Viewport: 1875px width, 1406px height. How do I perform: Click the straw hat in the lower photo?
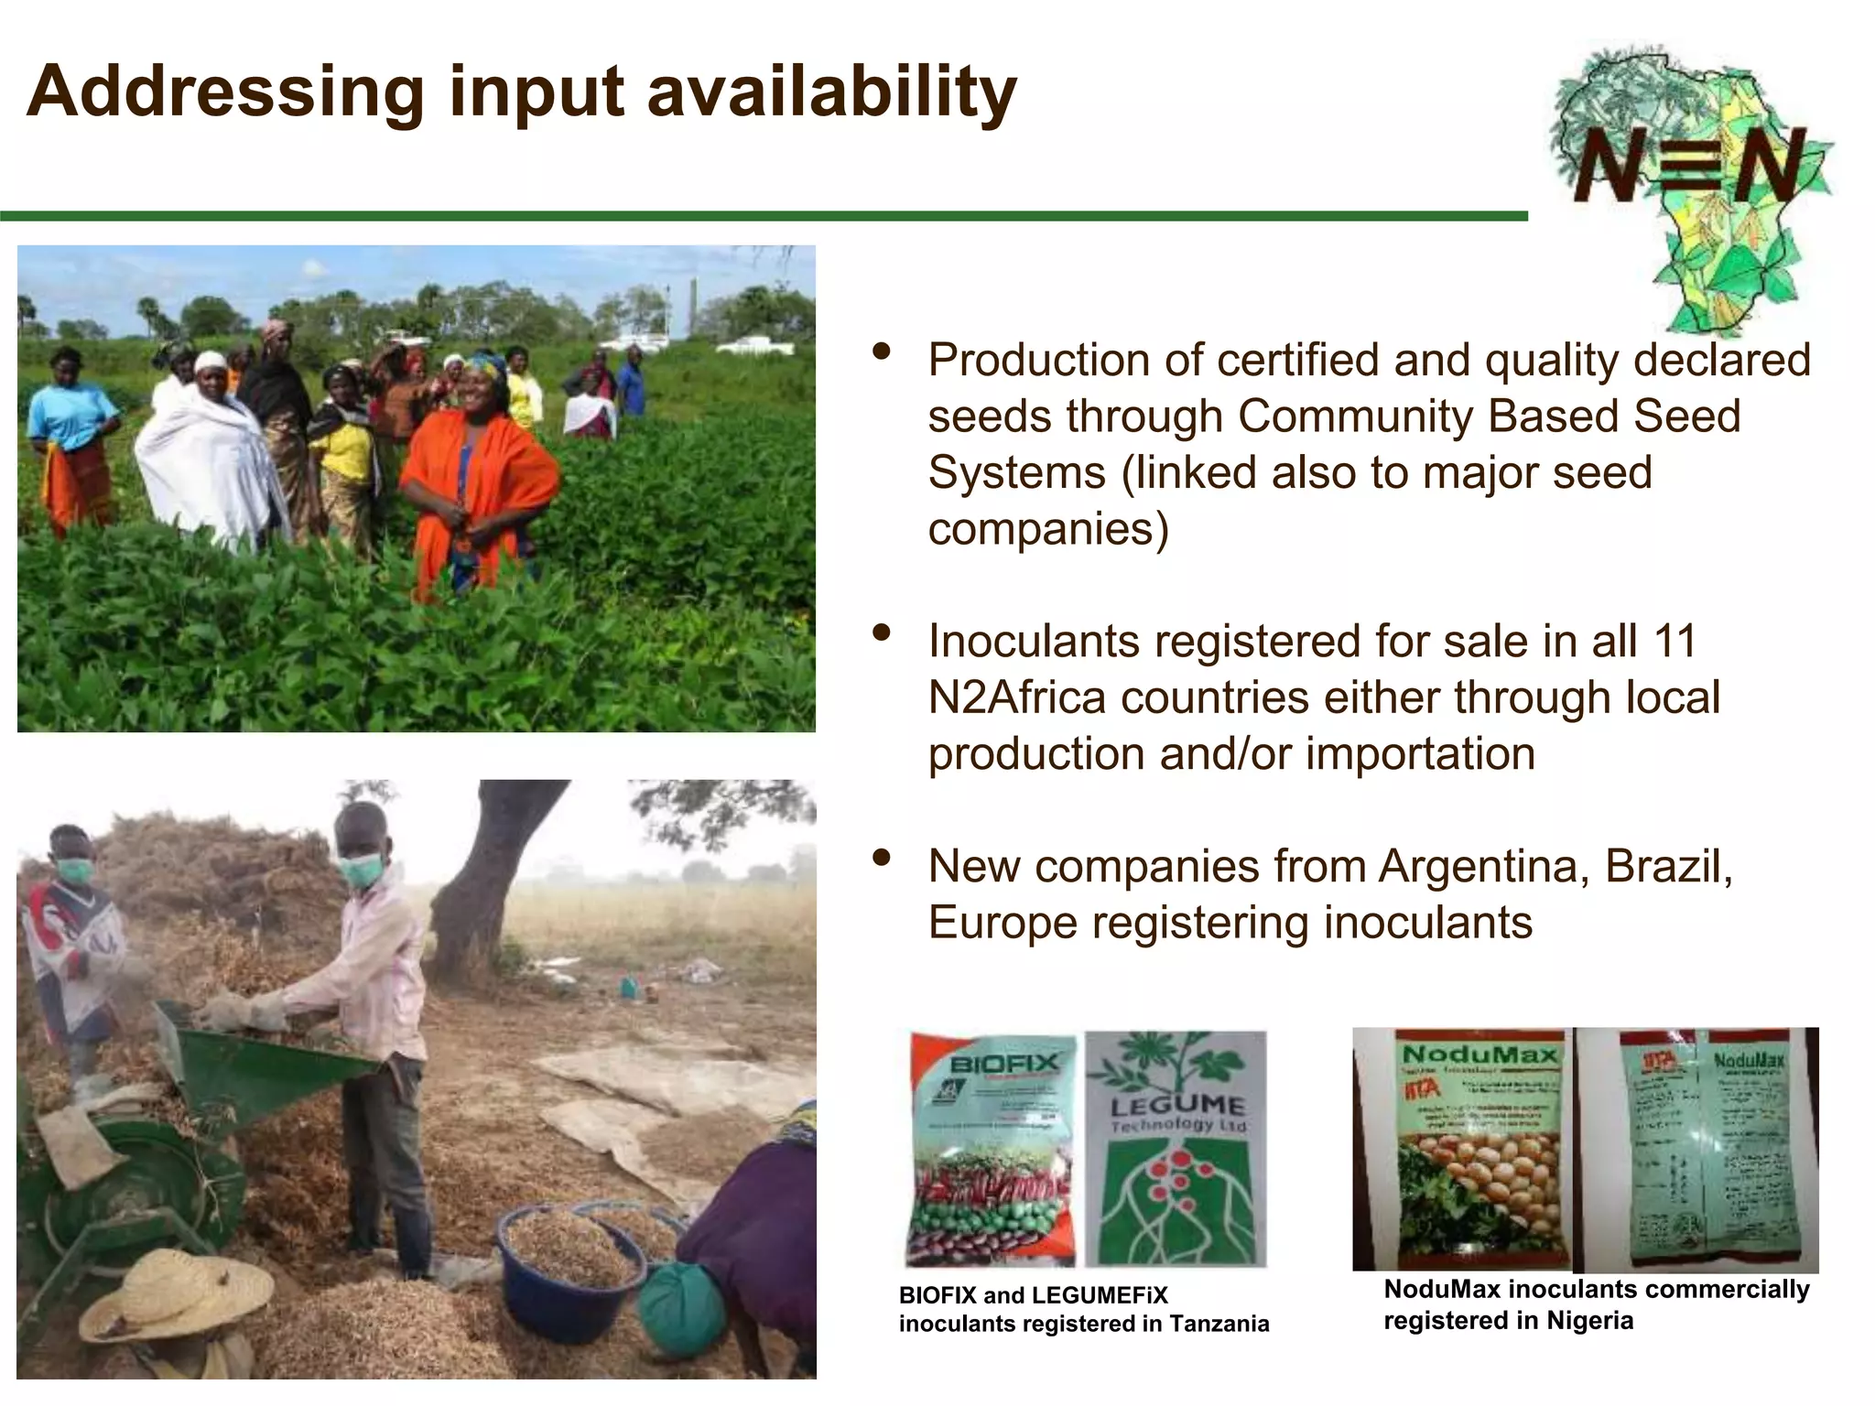174,1291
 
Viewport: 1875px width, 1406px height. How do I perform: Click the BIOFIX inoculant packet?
992,1149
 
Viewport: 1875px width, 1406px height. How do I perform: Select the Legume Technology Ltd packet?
1176,1149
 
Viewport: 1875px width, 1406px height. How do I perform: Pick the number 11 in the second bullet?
1675,641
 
